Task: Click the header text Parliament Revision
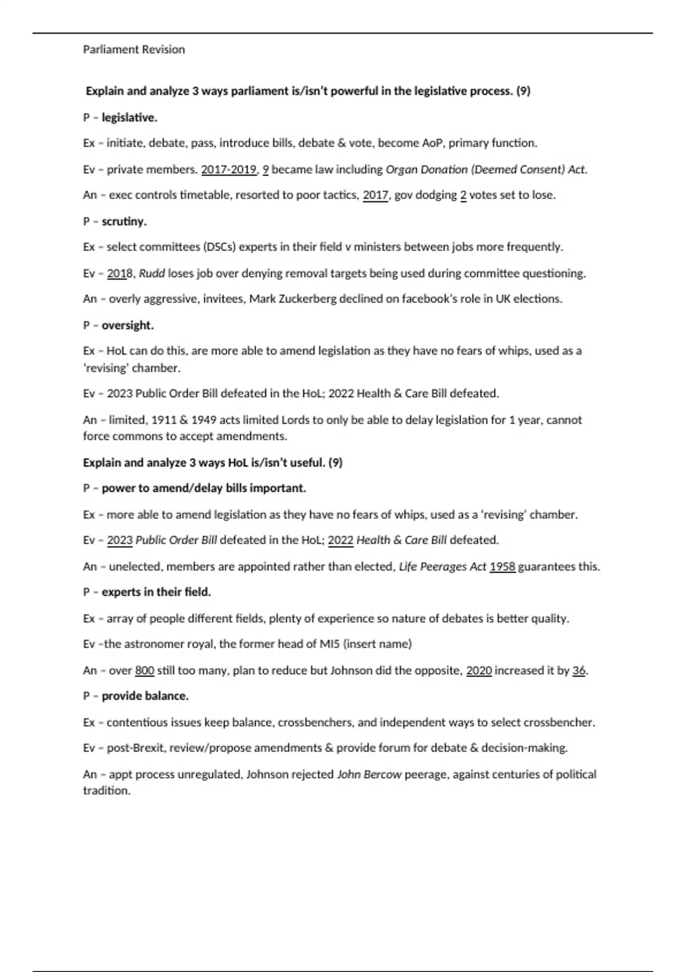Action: pyautogui.click(x=134, y=50)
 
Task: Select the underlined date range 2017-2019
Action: pyautogui.click(x=229, y=169)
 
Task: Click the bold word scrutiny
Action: pyautogui.click(x=124, y=221)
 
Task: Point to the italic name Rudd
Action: pyautogui.click(x=152, y=273)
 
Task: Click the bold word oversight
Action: pyautogui.click(x=127, y=325)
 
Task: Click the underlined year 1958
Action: pyautogui.click(x=502, y=567)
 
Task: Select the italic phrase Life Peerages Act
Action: pyautogui.click(x=442, y=567)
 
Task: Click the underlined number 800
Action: pyautogui.click(x=145, y=670)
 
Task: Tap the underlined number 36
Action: pyautogui.click(x=579, y=670)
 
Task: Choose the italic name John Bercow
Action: pyautogui.click(x=369, y=774)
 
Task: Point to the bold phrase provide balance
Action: pyautogui.click(x=145, y=696)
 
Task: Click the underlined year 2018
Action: pyautogui.click(x=119, y=273)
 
